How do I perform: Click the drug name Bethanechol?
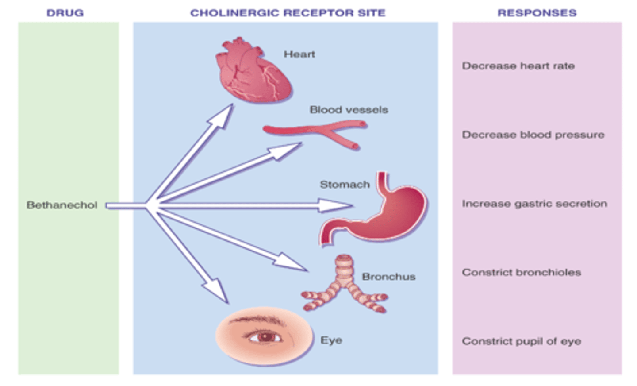62,205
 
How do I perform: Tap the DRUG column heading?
65,13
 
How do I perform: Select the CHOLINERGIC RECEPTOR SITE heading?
288,13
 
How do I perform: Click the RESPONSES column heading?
537,13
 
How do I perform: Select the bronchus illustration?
344,286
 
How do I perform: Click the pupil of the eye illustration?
265,337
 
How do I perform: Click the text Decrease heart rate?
518,66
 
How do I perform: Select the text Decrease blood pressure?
533,135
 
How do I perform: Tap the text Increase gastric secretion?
534,204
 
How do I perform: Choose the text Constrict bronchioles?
521,272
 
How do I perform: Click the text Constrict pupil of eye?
521,341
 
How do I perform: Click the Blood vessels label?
349,110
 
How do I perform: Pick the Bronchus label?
388,277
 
